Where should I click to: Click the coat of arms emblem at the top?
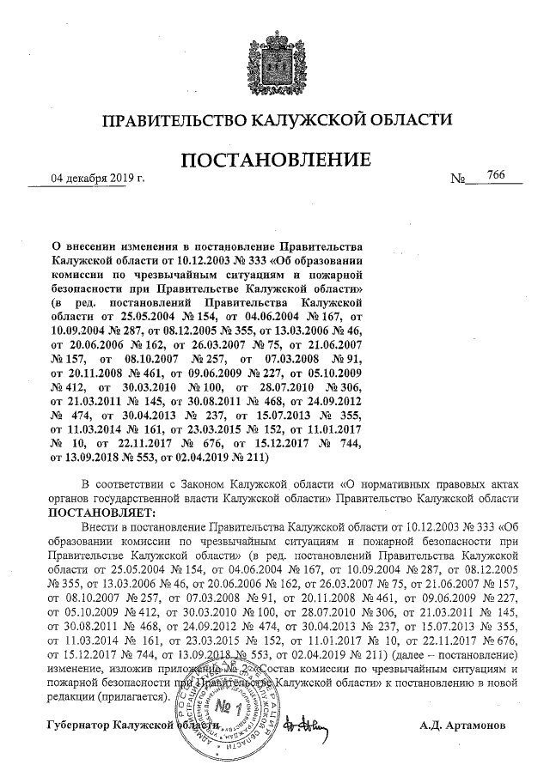tap(275, 56)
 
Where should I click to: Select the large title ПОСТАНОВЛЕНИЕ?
tap(275, 161)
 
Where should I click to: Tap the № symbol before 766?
tap(457, 179)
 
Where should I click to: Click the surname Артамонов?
tap(477, 725)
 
